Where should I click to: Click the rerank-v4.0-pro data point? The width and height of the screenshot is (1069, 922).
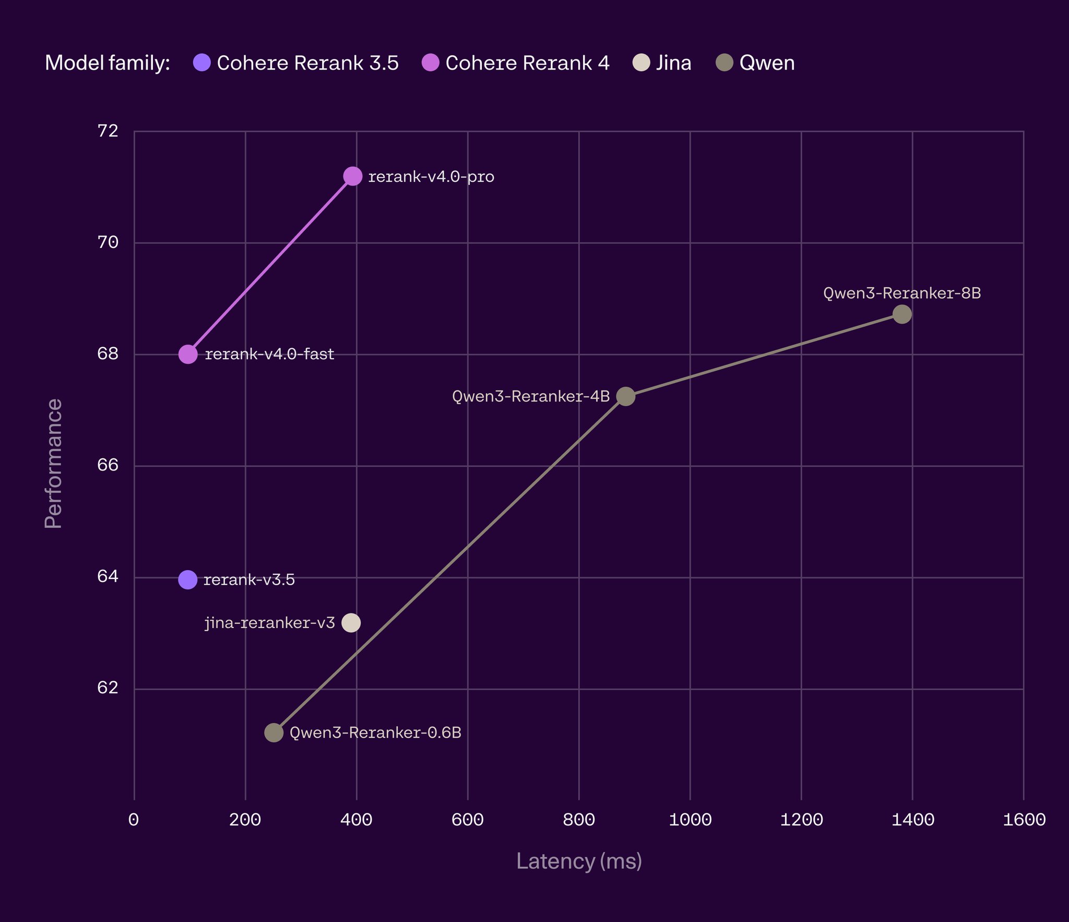coord(353,176)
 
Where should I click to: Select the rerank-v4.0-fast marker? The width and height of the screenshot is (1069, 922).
coord(188,354)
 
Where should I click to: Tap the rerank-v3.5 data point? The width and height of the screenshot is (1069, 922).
coord(188,580)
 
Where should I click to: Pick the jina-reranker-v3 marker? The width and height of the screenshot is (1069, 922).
coord(351,623)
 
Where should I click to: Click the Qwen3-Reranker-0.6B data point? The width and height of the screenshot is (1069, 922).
coord(274,732)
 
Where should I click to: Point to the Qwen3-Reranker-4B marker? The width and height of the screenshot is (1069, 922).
coord(626,397)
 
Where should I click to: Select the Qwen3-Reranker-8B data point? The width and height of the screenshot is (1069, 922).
coord(902,314)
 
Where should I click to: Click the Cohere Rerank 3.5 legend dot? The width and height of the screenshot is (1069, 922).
coord(202,63)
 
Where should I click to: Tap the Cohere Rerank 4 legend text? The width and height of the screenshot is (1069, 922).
coord(527,63)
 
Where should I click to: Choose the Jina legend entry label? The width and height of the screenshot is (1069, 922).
coord(673,63)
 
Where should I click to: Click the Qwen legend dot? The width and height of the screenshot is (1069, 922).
coord(724,63)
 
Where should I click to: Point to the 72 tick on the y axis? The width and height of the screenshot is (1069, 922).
coord(108,131)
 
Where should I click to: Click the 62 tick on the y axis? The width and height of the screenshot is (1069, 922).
coord(108,689)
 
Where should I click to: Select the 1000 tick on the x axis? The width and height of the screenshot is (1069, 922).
coord(690,820)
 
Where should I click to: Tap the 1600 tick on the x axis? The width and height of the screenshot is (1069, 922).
coord(1024,820)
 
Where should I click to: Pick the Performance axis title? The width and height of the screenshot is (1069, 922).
coord(53,464)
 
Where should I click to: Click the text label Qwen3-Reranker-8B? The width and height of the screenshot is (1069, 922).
coord(902,293)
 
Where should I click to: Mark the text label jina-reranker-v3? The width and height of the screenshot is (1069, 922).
coord(270,623)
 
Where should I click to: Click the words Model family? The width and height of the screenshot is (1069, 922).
coord(108,63)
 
